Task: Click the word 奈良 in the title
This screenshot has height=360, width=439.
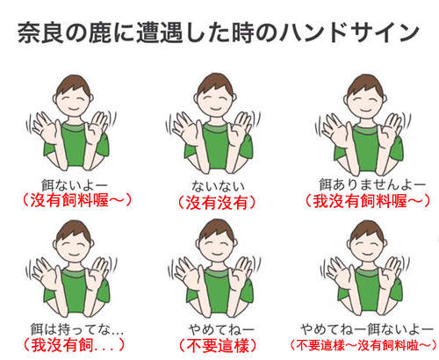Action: pyautogui.click(x=40, y=32)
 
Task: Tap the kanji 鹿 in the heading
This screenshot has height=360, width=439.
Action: pyautogui.click(x=100, y=32)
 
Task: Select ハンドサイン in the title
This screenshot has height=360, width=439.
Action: pyautogui.click(x=349, y=32)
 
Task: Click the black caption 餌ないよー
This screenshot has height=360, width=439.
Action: pyautogui.click(x=75, y=185)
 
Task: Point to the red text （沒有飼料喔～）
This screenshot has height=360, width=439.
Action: pyautogui.click(x=77, y=201)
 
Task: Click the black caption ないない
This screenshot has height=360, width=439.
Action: pyautogui.click(x=218, y=185)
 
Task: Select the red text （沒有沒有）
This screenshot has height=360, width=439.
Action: pyautogui.click(x=217, y=203)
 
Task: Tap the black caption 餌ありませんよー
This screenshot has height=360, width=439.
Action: pyautogui.click(x=371, y=184)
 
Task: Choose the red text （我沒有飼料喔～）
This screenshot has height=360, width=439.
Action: pyautogui.click(x=368, y=201)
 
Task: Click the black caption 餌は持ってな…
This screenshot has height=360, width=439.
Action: pyautogui.click(x=77, y=329)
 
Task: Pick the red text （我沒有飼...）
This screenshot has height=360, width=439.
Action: pyautogui.click(x=74, y=345)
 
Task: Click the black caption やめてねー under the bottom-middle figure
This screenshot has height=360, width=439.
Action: pyautogui.click(x=221, y=329)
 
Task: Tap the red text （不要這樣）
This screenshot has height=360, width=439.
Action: pyautogui.click(x=218, y=345)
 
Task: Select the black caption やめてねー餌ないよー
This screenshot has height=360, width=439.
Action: pyautogui.click(x=367, y=329)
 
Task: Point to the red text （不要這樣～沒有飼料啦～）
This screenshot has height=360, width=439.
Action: pyautogui.click(x=363, y=345)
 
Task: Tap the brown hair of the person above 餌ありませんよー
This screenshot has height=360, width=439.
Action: pyautogui.click(x=365, y=84)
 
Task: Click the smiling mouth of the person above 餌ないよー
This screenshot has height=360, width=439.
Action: pyautogui.click(x=74, y=110)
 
